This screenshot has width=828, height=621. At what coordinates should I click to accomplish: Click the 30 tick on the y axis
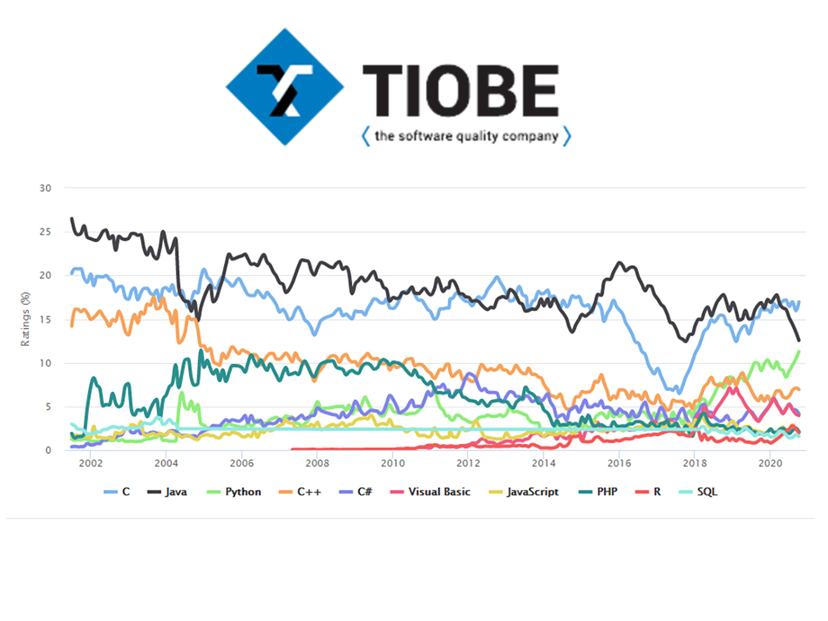coord(45,188)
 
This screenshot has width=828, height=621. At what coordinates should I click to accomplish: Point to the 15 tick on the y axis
coord(45,319)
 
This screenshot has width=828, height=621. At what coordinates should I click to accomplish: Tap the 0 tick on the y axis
coord(48,450)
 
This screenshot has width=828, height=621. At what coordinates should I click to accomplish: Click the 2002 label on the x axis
coord(91,463)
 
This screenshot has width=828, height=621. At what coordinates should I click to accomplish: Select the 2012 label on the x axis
coord(468,463)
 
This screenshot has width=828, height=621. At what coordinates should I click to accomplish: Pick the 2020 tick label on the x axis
coord(770,463)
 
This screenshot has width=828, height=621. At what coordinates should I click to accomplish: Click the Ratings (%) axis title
coord(25,319)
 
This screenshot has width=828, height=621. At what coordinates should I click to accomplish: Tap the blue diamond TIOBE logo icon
coord(284,87)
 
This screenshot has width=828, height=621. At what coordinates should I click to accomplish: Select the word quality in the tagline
coord(477,136)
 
